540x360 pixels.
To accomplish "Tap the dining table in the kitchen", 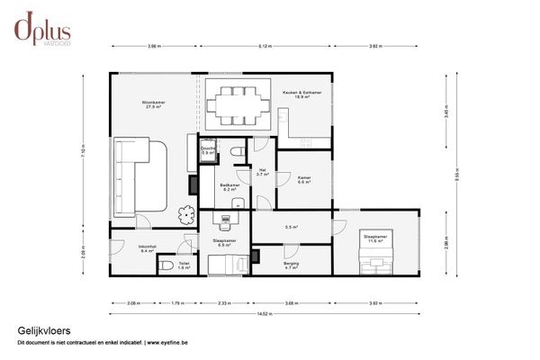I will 238,104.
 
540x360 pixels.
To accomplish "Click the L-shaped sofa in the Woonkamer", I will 139,175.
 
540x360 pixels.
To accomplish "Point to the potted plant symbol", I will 186,214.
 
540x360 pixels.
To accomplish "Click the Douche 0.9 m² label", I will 208,151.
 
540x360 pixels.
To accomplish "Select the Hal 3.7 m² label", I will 262,172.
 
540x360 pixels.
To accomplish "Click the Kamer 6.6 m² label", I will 304,179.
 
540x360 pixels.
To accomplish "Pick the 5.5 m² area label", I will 291,227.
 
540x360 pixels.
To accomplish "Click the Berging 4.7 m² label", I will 292,265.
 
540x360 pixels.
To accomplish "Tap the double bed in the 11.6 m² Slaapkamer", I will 373,259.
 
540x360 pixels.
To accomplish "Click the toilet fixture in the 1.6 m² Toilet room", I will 166,265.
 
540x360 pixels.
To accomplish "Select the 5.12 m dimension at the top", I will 265,45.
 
